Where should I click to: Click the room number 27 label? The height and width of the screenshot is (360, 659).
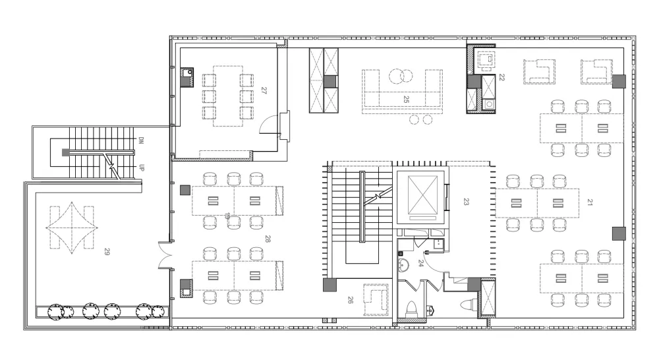point(264,90)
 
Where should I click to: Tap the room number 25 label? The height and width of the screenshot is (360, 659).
point(406,100)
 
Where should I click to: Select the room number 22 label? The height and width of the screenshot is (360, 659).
point(501,77)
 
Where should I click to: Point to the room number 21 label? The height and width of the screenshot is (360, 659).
point(590,202)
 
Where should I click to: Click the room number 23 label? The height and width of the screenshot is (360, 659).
point(466,202)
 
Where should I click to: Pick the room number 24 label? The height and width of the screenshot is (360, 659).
point(420,263)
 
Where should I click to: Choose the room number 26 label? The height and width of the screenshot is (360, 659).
point(350,300)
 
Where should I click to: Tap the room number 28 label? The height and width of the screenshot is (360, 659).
point(268,239)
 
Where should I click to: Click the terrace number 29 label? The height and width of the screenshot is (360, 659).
point(107,252)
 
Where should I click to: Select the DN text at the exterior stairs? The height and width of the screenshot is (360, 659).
point(141,140)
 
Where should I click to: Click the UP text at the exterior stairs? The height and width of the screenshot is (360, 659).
point(141,167)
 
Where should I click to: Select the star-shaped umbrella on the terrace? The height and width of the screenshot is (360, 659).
point(72,228)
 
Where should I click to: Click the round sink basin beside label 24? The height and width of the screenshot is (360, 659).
point(403,266)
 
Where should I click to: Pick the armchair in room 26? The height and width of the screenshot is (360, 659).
point(376,299)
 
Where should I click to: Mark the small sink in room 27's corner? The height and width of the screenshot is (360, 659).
point(186,77)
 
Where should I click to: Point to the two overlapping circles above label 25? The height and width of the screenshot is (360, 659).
point(400,76)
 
